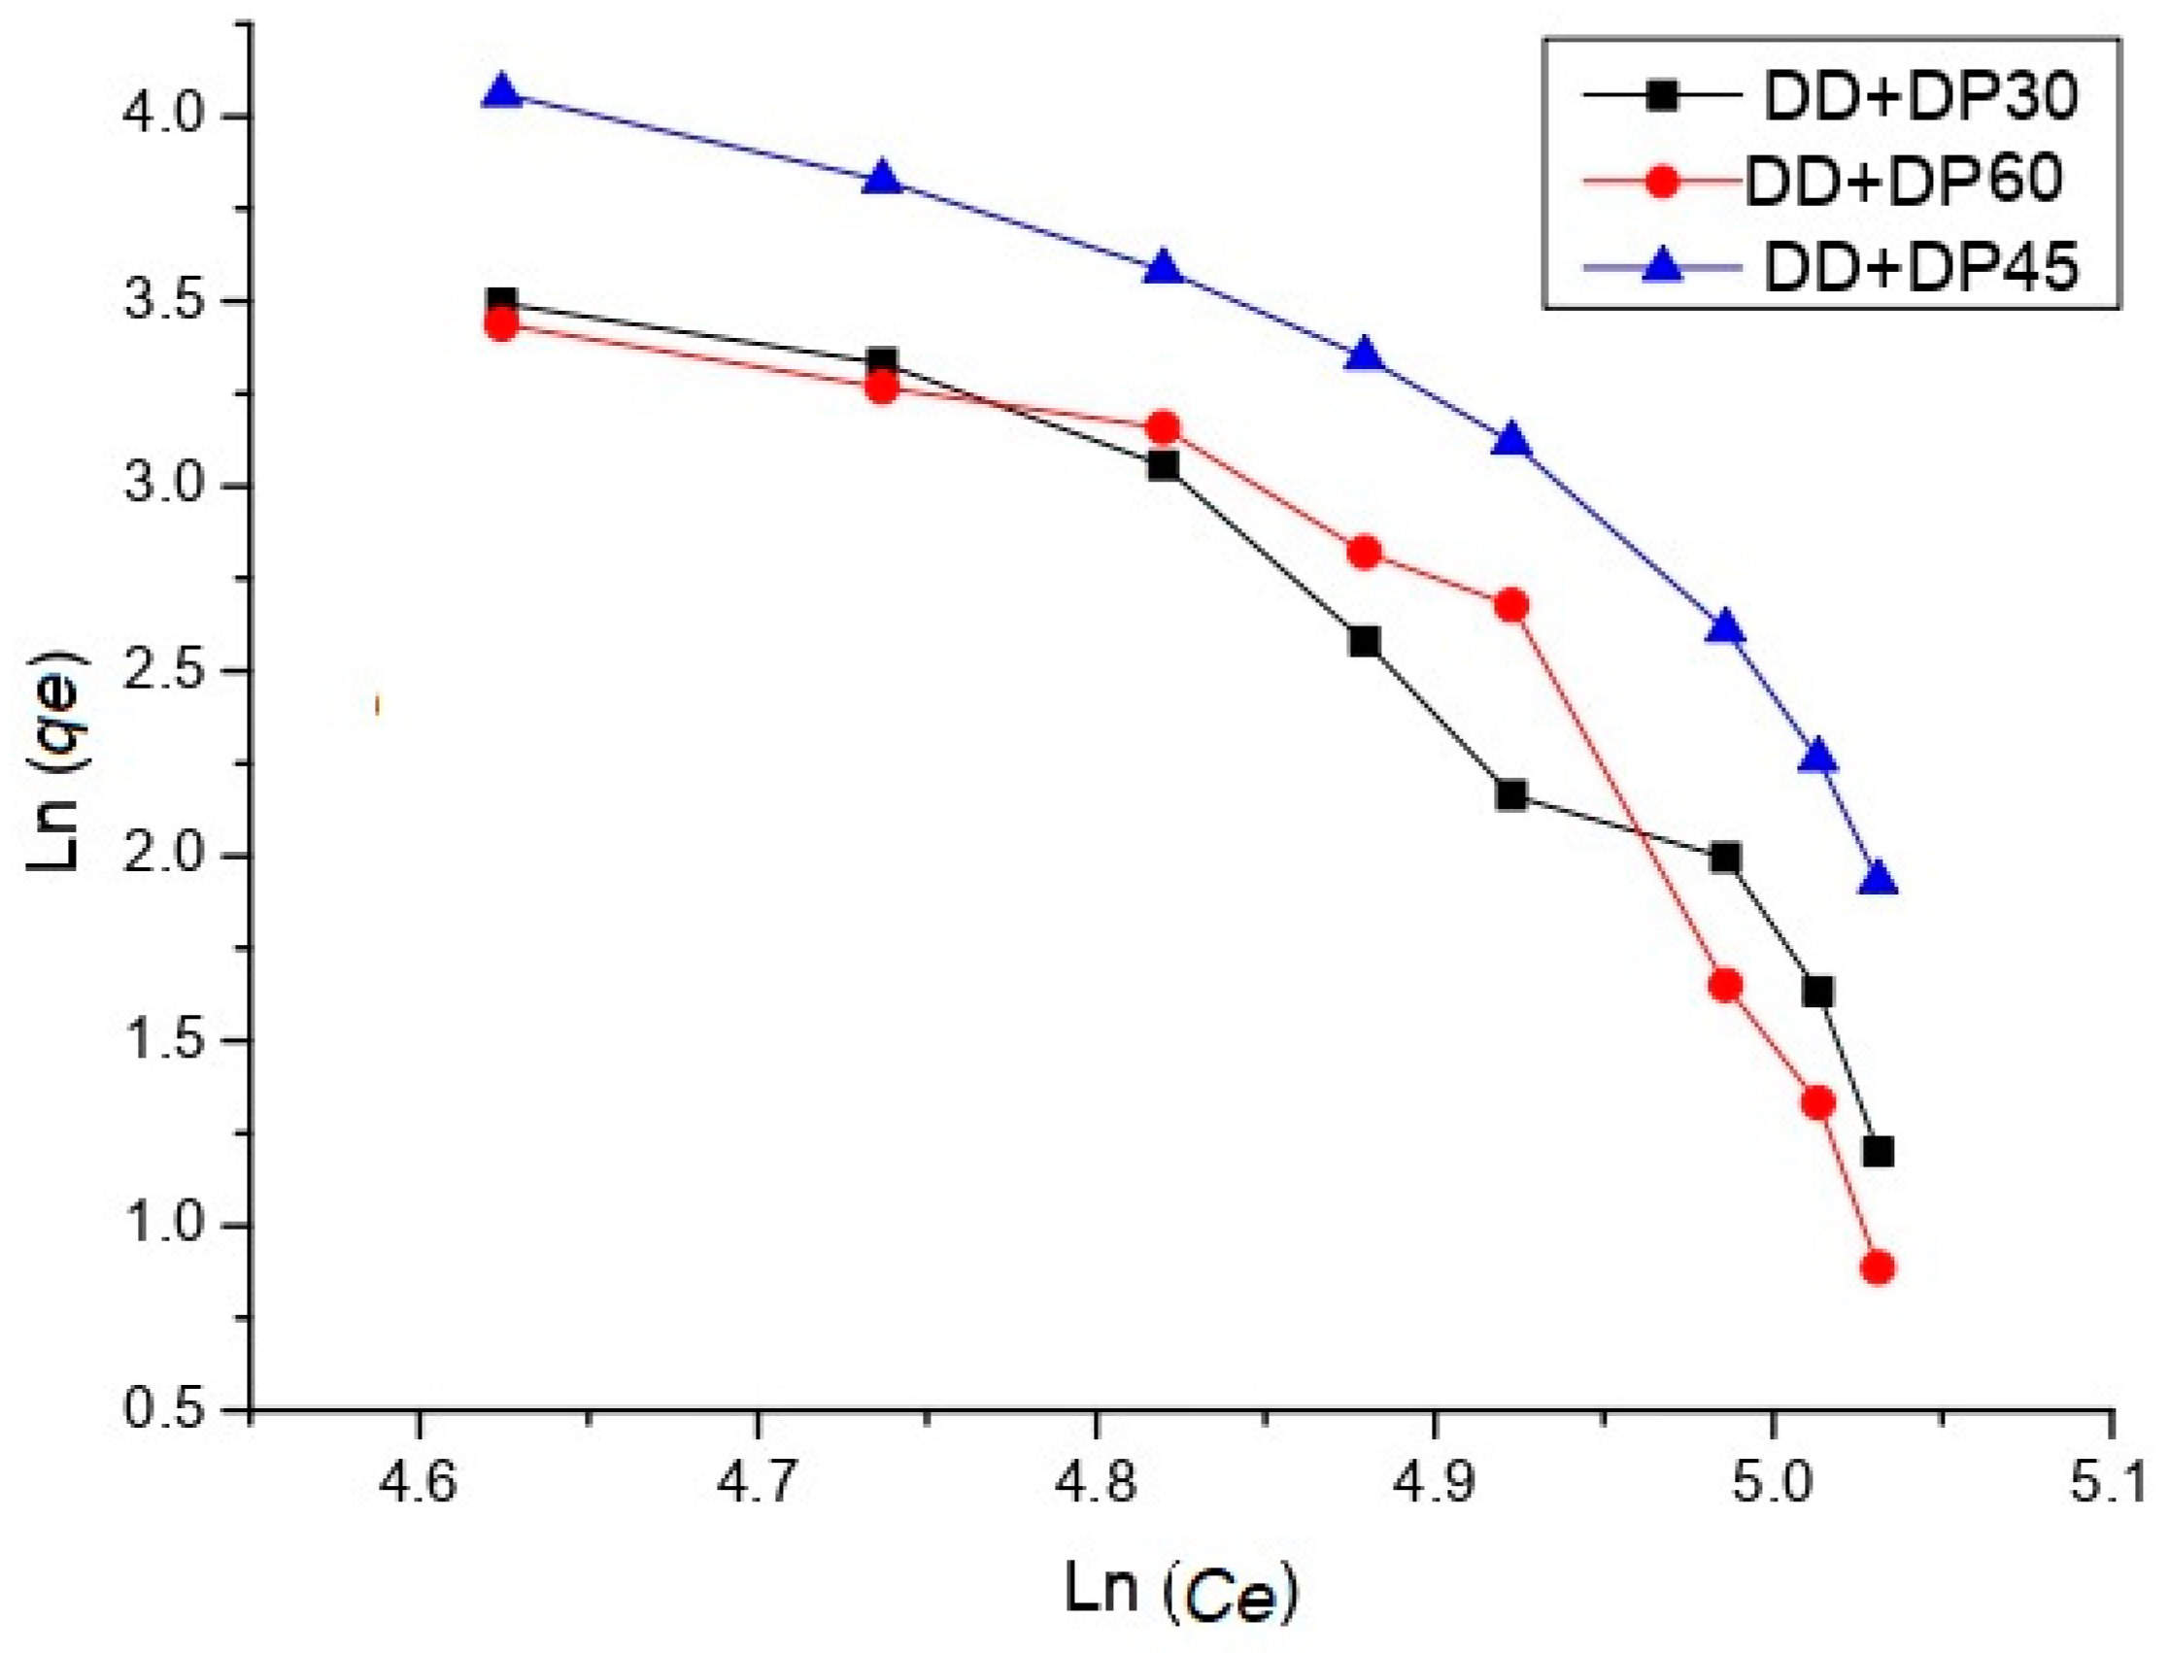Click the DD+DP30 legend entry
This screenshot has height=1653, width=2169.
[x=1919, y=98]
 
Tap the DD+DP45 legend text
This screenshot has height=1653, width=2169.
[x=1919, y=266]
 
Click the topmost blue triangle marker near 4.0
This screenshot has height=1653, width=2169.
[x=503, y=91]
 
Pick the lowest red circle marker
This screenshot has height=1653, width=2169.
[x=1878, y=1268]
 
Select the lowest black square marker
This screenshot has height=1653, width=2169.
[x=1878, y=1151]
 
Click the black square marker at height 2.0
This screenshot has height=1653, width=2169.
[x=1725, y=858]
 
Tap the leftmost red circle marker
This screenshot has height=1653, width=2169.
[x=502, y=323]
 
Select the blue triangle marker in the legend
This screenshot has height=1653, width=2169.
[x=1661, y=266]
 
